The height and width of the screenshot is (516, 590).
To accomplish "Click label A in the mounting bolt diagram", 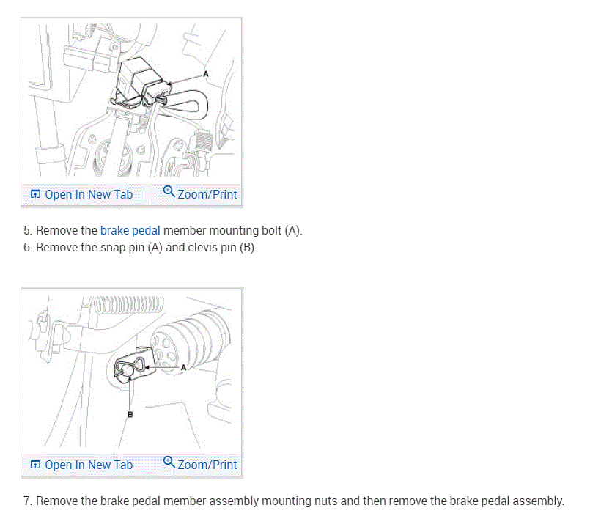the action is [x=205, y=74].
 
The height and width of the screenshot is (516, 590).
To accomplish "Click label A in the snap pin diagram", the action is [x=183, y=367].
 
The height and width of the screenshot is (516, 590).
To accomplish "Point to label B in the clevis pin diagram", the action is [x=130, y=414].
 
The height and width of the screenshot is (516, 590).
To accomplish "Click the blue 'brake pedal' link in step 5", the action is [x=130, y=230].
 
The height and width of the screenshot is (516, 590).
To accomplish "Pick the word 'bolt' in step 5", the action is [x=271, y=230].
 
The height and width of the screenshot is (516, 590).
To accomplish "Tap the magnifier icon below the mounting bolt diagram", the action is [x=169, y=191].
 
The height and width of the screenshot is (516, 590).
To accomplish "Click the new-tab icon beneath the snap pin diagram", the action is [x=35, y=465].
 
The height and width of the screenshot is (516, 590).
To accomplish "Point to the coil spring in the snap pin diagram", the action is [x=129, y=304].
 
